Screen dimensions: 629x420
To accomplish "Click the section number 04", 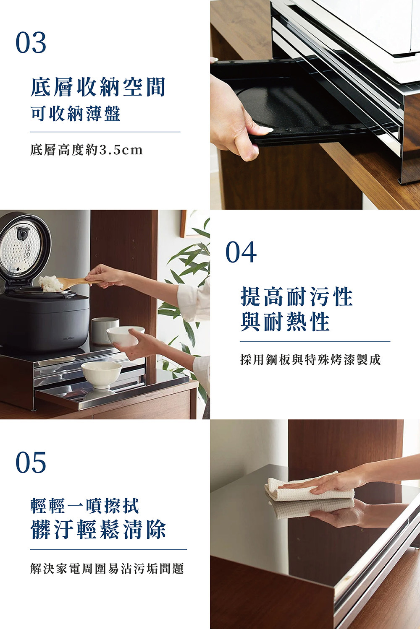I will [241, 252].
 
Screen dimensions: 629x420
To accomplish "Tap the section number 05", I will [31, 462].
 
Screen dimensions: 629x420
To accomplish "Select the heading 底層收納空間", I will [98, 87].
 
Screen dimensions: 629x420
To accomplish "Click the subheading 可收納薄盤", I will [76, 114].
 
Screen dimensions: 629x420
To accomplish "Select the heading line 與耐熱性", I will [285, 322].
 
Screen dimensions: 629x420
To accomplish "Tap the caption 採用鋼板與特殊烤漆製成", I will [310, 360].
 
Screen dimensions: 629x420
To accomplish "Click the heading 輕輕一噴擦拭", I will [84, 506].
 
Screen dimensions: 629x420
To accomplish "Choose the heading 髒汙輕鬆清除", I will [98, 529].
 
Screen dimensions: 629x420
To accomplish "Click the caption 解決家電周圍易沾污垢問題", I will [107, 569].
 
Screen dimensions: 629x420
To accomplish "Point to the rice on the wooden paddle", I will [51, 283].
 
